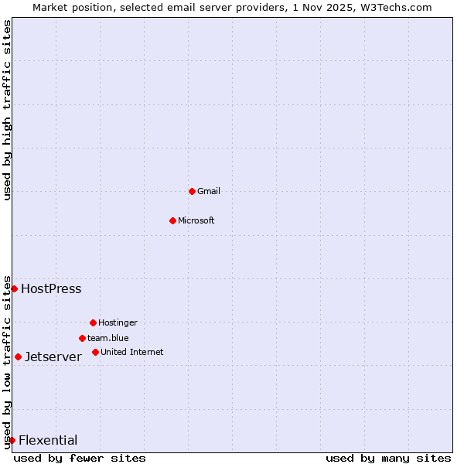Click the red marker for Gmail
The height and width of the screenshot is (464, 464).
(x=192, y=191)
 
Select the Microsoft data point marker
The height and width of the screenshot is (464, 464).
(x=172, y=220)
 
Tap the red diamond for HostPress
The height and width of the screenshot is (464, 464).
(x=14, y=288)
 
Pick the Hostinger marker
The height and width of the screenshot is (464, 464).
(x=93, y=322)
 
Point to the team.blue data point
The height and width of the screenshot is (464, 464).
(x=82, y=338)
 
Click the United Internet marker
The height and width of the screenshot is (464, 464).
(x=95, y=352)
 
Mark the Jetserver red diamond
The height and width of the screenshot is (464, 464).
(x=18, y=357)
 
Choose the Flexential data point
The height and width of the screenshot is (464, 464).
(x=12, y=440)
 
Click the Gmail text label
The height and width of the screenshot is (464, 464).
(x=209, y=191)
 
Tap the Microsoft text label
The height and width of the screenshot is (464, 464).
(x=196, y=220)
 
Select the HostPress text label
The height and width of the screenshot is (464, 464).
(x=51, y=288)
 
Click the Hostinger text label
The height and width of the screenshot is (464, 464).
(x=118, y=322)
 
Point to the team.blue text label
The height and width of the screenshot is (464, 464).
(x=108, y=338)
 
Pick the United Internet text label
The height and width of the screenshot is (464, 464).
(x=132, y=352)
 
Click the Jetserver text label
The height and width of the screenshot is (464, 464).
(x=53, y=357)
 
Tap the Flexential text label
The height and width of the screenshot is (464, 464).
(x=48, y=440)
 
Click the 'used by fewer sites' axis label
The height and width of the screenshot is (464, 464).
(x=80, y=458)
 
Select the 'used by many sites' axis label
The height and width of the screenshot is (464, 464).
(x=388, y=458)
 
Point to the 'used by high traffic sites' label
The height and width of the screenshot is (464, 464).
(x=8, y=109)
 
